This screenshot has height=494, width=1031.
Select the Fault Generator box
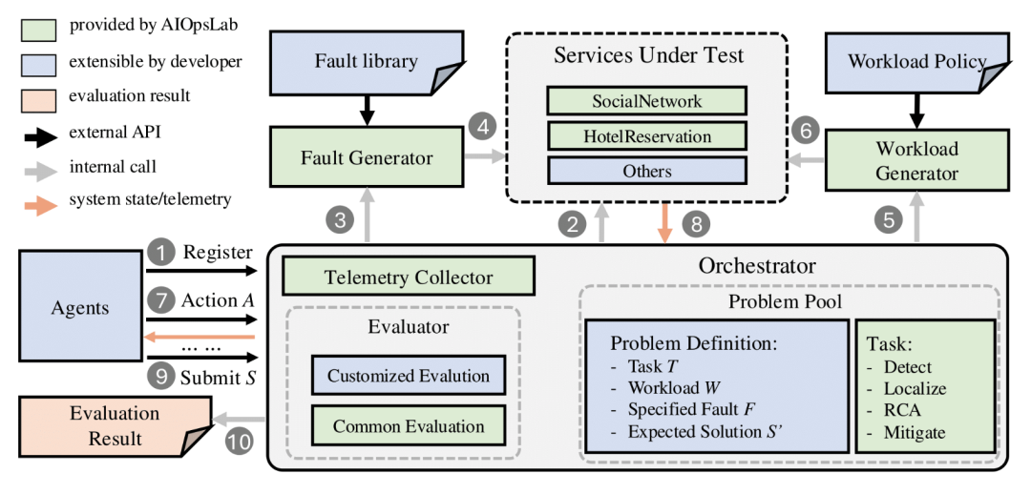pos(367,157)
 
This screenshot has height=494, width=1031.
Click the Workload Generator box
pos(915,161)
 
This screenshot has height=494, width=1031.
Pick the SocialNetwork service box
pos(646,101)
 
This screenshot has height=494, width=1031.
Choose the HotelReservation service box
pos(646,136)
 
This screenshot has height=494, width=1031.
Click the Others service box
pos(646,171)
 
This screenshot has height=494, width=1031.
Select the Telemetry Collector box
pos(409,277)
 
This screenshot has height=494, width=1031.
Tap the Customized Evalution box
pos(409,377)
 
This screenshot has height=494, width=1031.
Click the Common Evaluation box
pos(409,425)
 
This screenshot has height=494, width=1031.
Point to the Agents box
pos(80,306)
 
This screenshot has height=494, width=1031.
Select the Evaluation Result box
pos(116,424)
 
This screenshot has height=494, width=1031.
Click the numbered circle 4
pos(483,126)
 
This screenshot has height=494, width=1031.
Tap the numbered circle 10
pos(240,442)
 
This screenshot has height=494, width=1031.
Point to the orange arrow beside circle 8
pos(665,223)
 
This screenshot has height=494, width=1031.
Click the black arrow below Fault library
pos(367,109)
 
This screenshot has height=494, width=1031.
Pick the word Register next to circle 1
pos(218,253)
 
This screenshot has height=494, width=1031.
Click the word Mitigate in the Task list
pos(914,432)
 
